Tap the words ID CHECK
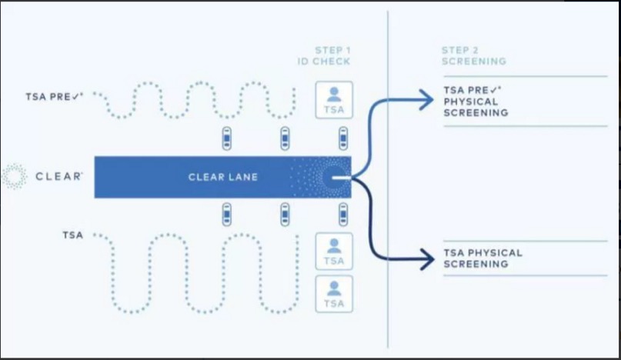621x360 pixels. point(324,62)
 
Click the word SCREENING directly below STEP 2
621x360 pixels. point(474,61)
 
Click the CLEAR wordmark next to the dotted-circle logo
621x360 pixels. point(59,177)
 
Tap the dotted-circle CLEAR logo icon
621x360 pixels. point(14,176)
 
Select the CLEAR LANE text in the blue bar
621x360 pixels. point(222,178)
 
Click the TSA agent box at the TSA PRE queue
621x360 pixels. point(334,100)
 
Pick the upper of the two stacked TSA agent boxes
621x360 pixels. point(334,251)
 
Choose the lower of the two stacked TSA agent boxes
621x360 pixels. point(334,294)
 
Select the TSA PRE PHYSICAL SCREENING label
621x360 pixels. point(476,102)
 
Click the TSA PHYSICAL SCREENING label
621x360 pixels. point(482,258)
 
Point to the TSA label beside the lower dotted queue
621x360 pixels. point(72,235)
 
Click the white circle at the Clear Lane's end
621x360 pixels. point(336,178)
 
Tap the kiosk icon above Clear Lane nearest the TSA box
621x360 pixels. point(343,138)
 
